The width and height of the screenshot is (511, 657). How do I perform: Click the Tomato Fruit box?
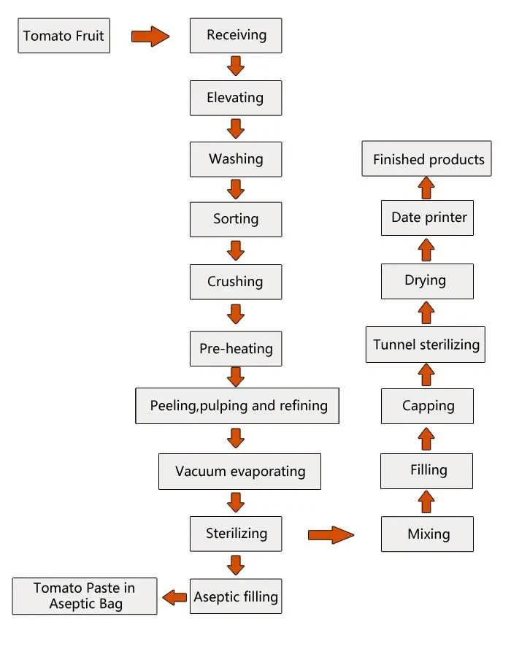[64, 36]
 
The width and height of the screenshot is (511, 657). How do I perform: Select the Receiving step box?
[236, 36]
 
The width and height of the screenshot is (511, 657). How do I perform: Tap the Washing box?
[236, 159]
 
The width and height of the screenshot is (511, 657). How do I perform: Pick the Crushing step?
[236, 282]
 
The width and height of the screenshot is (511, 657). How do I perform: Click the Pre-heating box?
[236, 348]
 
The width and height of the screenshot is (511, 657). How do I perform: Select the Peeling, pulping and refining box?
[237, 406]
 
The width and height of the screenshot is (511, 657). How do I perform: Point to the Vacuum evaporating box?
[240, 472]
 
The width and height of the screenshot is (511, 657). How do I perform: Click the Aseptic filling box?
[236, 596]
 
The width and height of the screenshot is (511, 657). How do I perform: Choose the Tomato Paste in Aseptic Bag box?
[85, 596]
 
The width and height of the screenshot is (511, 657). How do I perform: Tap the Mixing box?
[427, 534]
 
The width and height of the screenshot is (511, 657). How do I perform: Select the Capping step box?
[427, 407]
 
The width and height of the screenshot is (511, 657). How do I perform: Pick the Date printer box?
[427, 218]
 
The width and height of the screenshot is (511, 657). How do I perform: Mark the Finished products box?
[427, 159]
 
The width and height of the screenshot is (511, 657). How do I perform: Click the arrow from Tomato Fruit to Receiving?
[150, 36]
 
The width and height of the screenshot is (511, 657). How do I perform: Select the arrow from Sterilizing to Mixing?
[331, 535]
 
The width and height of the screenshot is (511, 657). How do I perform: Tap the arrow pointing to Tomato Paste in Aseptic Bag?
[174, 597]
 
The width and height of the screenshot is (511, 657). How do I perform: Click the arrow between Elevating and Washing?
[235, 128]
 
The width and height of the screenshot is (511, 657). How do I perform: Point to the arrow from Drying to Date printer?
[427, 250]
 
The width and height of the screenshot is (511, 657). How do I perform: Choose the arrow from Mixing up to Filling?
[427, 502]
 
